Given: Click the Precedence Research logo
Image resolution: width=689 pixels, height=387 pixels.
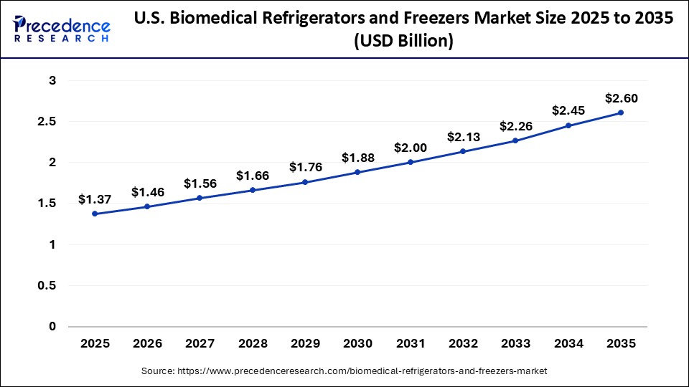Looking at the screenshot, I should [x=62, y=29].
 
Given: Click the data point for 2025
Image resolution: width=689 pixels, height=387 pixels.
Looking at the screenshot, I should [x=95, y=214].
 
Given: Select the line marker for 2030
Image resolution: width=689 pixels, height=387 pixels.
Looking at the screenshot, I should [x=357, y=172].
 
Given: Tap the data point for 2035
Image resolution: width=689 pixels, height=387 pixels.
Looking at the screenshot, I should [x=621, y=113].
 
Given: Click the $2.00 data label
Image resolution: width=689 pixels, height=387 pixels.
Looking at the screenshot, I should [x=410, y=148].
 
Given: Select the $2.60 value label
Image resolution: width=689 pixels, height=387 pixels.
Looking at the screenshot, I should [x=621, y=98].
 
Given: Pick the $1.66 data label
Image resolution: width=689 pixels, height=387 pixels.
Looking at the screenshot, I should [x=253, y=175].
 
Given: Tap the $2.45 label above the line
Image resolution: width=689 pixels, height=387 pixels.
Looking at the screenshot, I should [x=568, y=110].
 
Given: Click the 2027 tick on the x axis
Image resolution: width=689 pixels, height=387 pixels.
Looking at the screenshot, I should [x=200, y=344].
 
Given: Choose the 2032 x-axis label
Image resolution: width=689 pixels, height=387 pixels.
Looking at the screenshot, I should [x=463, y=344].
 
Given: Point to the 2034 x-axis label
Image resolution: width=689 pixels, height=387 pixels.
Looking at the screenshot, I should [x=568, y=344].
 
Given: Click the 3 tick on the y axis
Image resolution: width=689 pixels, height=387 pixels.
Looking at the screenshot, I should [x=52, y=81].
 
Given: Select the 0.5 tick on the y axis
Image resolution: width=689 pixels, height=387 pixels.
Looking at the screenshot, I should [x=47, y=286].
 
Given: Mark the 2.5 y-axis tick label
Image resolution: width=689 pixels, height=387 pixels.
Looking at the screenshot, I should [x=47, y=122].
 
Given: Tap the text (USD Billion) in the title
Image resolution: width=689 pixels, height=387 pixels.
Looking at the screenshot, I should [x=404, y=42].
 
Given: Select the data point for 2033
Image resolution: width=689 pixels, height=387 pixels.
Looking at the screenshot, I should [x=515, y=140].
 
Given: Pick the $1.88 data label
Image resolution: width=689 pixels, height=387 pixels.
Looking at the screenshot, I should [x=357, y=158].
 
